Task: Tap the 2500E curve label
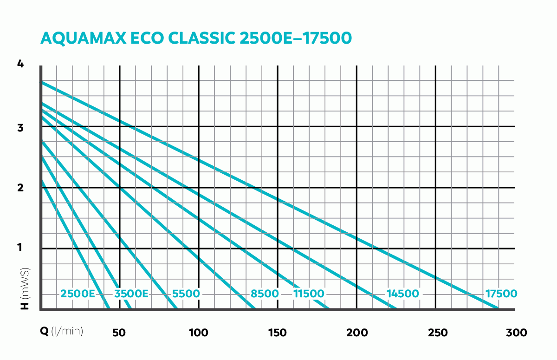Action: coord(78,294)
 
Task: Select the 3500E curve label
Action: coord(131,294)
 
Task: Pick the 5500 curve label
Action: coord(186,294)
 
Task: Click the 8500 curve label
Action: coord(265,294)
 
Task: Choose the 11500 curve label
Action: coord(309,294)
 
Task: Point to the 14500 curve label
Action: coord(402,294)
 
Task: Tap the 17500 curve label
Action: coord(501,294)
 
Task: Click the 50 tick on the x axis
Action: coord(119,333)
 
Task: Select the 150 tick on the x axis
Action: coord(277,333)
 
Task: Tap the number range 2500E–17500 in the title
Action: coord(295,38)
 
